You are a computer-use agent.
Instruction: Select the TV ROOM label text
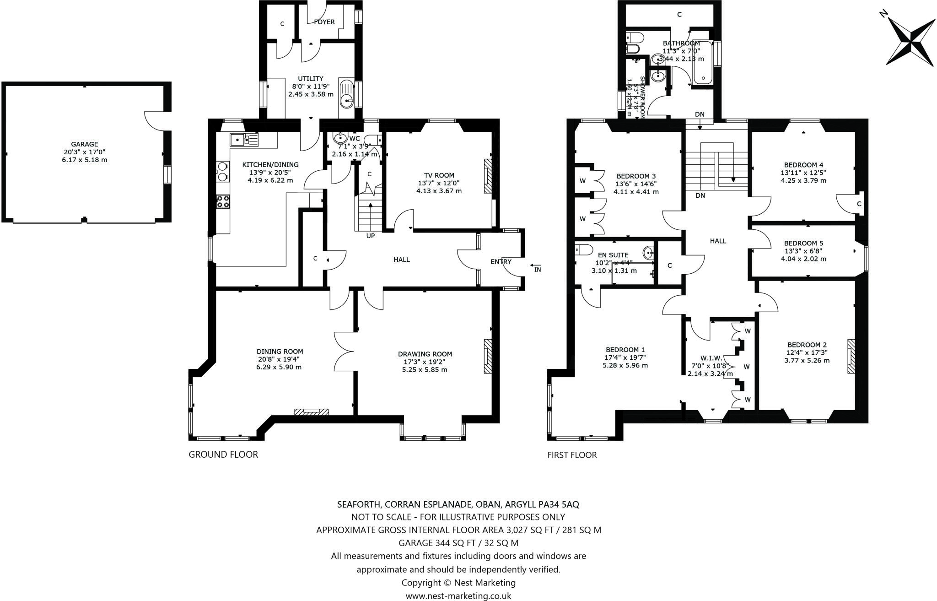tap(438, 175)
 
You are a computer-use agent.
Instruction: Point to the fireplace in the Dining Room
tap(312, 412)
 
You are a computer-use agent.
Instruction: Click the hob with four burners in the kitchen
tap(223, 201)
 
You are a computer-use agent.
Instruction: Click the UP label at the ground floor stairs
tap(370, 236)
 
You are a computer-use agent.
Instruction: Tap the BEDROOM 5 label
tap(803, 243)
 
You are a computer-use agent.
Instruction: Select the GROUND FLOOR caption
tap(223, 454)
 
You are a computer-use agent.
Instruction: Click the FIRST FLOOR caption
tap(572, 455)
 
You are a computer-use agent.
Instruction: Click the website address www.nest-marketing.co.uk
tap(458, 596)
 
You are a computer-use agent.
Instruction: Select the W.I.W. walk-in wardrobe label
tap(711, 358)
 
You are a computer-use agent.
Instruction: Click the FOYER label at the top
tap(324, 22)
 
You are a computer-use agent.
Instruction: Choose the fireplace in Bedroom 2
tap(851, 357)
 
